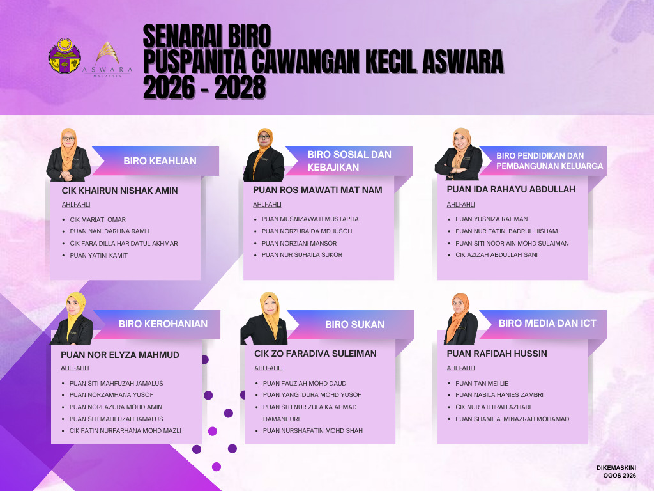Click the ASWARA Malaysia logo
(x=107, y=59)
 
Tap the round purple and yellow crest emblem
(x=65, y=56)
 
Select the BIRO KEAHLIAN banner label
(x=160, y=160)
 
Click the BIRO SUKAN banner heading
(x=354, y=324)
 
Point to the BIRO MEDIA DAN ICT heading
(x=547, y=323)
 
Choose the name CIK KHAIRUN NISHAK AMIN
(x=119, y=191)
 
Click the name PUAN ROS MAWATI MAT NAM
(x=317, y=190)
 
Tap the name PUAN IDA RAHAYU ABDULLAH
(x=511, y=189)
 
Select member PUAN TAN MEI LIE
(x=482, y=384)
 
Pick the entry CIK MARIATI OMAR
(x=98, y=220)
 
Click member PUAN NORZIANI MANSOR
(x=299, y=243)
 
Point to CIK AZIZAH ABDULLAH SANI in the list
(x=496, y=254)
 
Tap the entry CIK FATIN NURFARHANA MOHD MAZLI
(x=125, y=430)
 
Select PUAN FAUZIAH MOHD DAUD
(x=305, y=384)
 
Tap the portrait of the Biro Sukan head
(x=264, y=318)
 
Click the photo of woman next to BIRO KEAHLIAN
(x=69, y=155)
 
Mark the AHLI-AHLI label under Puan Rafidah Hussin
(x=461, y=368)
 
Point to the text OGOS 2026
(x=620, y=476)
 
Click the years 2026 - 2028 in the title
(x=204, y=87)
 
